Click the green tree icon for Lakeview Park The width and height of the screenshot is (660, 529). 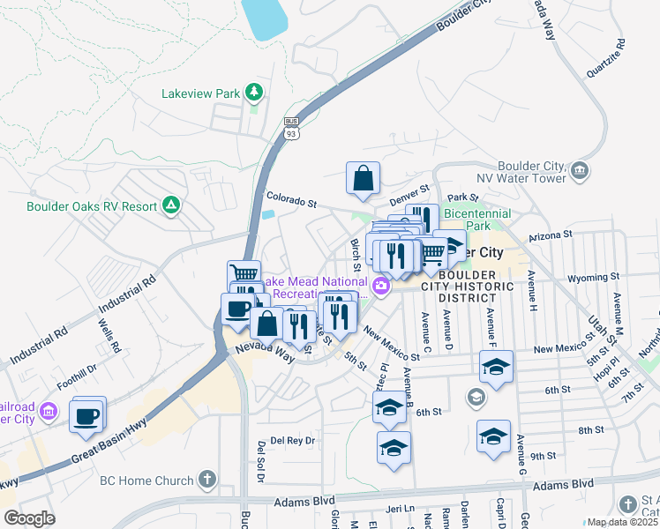click(x=254, y=92)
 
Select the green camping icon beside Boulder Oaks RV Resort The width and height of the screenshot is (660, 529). click(x=170, y=206)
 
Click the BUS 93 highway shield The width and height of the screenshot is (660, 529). click(x=291, y=129)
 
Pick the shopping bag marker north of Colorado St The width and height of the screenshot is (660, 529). click(x=363, y=179)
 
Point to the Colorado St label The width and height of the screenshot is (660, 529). click(x=291, y=201)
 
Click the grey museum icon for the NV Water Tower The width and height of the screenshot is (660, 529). click(x=580, y=170)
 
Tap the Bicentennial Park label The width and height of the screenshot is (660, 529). click(x=477, y=220)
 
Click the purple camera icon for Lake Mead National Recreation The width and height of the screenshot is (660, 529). click(x=381, y=285)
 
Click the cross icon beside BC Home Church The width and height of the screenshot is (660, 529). click(x=207, y=481)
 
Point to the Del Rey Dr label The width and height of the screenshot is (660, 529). click(x=292, y=440)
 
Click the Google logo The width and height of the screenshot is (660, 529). click(x=29, y=518)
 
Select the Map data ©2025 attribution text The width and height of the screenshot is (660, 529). click(x=623, y=522)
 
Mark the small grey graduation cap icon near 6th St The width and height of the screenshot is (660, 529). click(x=476, y=398)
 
